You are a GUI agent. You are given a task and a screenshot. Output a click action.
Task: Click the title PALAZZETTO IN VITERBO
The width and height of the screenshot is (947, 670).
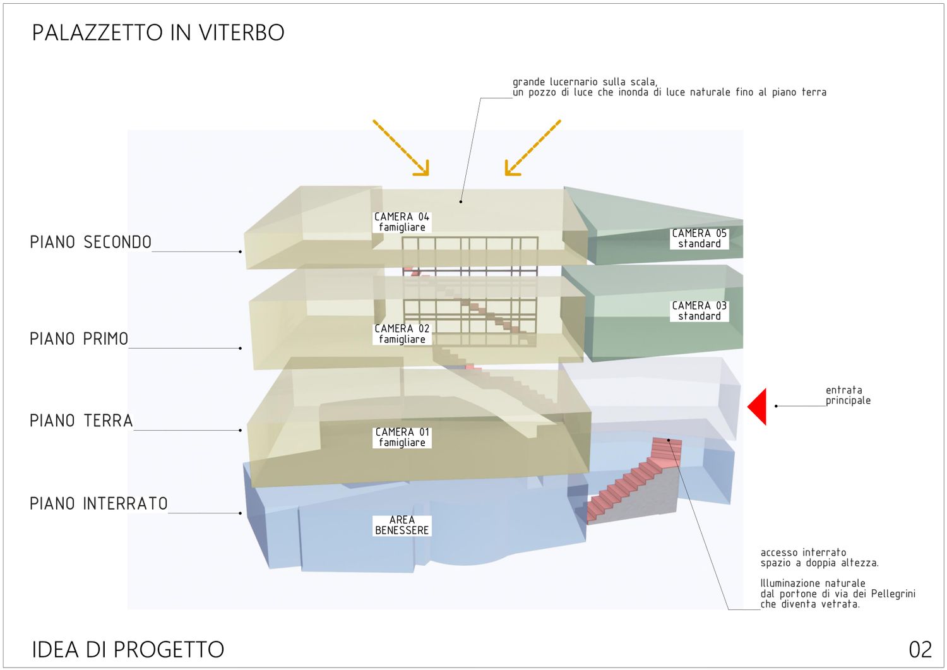pyautogui.click(x=158, y=32)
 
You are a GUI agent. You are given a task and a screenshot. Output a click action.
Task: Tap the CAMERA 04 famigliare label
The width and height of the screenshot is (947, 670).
pyautogui.click(x=402, y=222)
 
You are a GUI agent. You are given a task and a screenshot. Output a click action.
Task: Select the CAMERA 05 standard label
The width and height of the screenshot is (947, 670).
pyautogui.click(x=699, y=239)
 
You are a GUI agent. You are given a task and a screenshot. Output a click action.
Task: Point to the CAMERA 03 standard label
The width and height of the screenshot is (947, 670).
pyautogui.click(x=699, y=311)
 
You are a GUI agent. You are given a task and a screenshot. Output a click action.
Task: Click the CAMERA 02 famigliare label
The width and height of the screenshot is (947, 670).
pyautogui.click(x=402, y=334)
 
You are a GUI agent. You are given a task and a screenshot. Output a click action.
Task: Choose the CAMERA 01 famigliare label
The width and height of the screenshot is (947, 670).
pyautogui.click(x=402, y=438)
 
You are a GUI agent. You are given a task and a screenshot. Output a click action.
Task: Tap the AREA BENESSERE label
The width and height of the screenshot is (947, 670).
pyautogui.click(x=402, y=525)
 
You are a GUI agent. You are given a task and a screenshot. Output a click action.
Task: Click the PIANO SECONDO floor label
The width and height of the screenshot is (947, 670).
pyautogui.click(x=90, y=242)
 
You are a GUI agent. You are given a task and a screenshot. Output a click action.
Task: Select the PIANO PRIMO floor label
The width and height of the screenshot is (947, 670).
pyautogui.click(x=79, y=339)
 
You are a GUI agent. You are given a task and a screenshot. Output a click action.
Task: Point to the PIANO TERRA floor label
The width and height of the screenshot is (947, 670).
pyautogui.click(x=81, y=421)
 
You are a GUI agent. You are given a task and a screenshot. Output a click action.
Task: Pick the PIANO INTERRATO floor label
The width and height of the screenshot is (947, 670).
pyautogui.click(x=98, y=504)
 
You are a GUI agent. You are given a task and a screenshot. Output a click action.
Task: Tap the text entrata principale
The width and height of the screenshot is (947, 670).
pyautogui.click(x=848, y=395)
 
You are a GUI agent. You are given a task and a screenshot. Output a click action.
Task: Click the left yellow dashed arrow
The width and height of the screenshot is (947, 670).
pyautogui.click(x=401, y=147)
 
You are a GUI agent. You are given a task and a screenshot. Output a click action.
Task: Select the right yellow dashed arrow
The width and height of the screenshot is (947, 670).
pyautogui.click(x=532, y=148)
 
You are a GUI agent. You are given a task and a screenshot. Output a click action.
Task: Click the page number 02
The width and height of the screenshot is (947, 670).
pyautogui.click(x=920, y=650)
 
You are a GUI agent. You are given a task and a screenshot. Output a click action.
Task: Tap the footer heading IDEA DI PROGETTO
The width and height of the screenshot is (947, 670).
pyautogui.click(x=128, y=650)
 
